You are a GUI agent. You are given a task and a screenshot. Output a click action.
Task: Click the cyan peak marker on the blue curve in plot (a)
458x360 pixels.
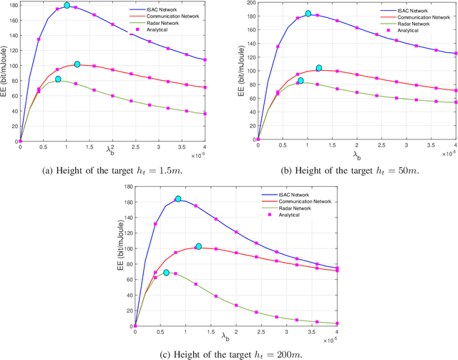(x=67, y=6)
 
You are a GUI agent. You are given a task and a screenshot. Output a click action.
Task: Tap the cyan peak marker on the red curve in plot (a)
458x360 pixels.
(x=77, y=64)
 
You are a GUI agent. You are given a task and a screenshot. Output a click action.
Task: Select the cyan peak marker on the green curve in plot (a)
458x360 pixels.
(x=58, y=79)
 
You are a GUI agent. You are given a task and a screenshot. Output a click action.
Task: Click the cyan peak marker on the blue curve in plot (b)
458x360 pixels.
(x=308, y=14)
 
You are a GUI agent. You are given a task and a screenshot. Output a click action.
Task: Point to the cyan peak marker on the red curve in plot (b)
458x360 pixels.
(x=319, y=68)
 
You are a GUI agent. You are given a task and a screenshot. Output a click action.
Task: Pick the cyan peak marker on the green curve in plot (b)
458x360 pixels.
(x=301, y=80)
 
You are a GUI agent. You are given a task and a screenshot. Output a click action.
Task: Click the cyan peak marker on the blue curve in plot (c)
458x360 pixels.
(x=178, y=199)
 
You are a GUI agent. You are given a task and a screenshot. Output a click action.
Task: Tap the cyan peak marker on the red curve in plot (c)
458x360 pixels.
(x=199, y=246)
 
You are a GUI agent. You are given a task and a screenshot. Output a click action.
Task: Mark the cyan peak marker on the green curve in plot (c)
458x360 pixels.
(x=166, y=273)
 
